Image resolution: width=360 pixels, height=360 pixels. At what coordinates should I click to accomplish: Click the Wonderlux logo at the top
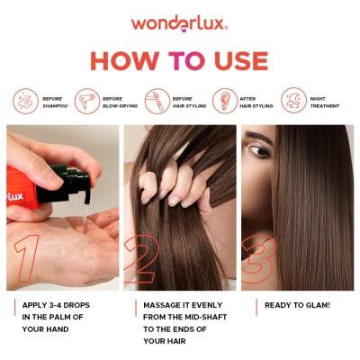179,22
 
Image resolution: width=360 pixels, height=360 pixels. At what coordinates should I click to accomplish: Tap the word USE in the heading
236,60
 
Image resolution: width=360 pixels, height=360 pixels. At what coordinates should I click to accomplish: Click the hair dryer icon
87,99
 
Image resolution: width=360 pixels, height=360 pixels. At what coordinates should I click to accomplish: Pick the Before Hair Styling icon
157,99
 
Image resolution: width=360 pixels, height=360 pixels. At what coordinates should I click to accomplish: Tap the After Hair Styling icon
223,99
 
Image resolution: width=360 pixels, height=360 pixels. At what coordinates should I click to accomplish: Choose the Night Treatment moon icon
293,99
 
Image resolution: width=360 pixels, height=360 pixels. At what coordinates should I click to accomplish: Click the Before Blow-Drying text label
114,101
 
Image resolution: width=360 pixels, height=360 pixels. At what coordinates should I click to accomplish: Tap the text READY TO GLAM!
297,305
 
